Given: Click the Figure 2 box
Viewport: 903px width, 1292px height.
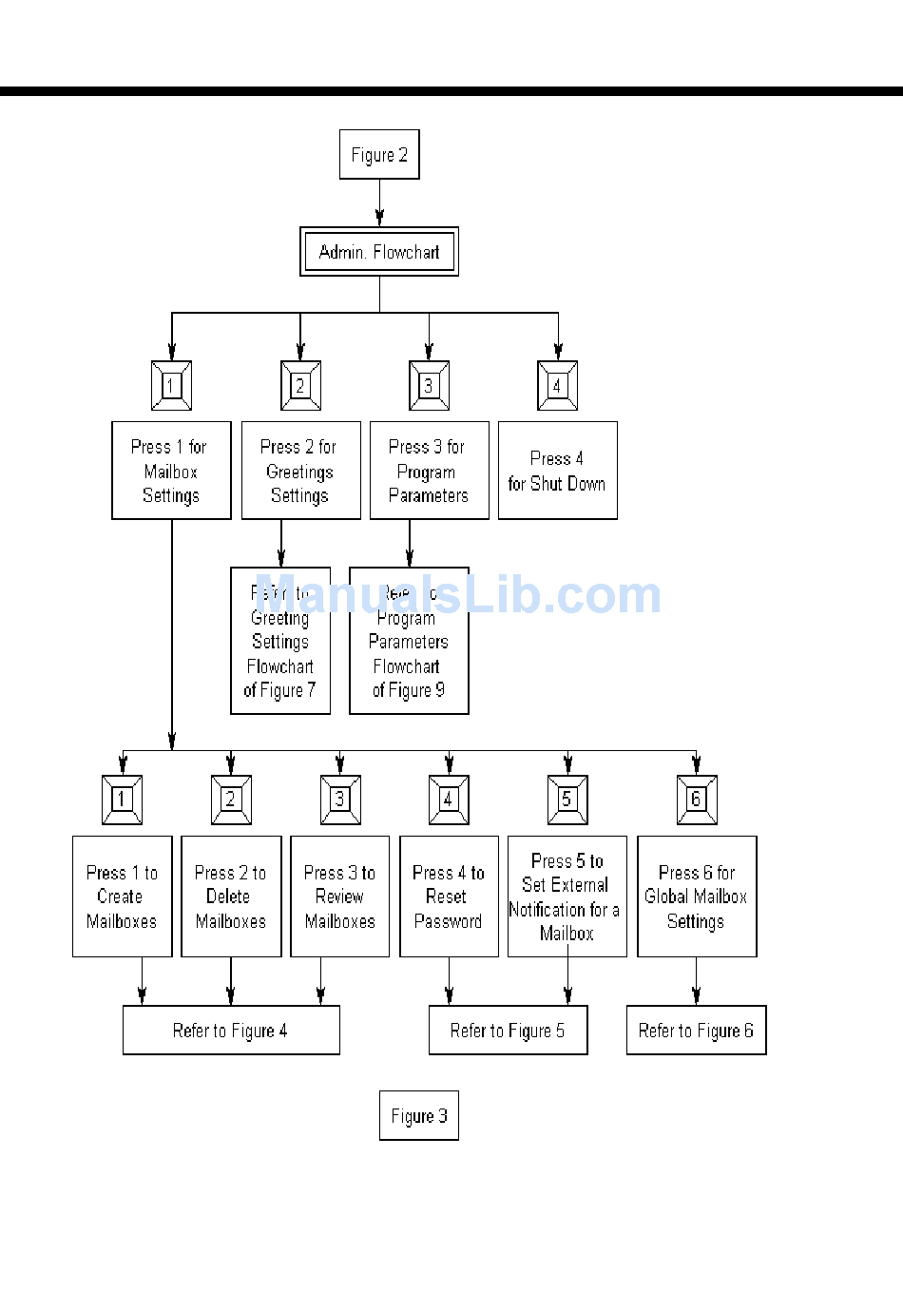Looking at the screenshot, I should click(379, 155).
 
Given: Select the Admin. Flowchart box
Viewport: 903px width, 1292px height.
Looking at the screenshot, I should click(379, 252).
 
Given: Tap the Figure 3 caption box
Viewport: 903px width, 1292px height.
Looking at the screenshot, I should click(418, 1115).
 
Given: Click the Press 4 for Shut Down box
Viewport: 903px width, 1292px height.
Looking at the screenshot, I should click(557, 471).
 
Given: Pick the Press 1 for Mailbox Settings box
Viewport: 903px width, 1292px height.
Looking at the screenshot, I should click(171, 471).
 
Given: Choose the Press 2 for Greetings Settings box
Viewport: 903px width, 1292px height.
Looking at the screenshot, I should click(300, 471).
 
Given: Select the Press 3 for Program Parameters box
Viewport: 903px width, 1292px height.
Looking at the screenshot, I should click(429, 471).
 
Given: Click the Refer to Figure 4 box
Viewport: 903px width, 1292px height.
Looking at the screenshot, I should click(231, 1031).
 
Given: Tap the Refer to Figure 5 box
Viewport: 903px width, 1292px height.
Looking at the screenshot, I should click(508, 1031).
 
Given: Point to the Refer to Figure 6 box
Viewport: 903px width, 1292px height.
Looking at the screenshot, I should click(696, 1031).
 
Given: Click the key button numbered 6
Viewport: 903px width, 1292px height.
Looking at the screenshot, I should click(696, 800).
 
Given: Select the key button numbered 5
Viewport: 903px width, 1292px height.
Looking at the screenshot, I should click(567, 800).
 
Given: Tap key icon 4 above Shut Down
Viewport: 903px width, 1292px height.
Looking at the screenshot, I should click(557, 386).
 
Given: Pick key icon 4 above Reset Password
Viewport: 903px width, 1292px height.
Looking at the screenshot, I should click(449, 800).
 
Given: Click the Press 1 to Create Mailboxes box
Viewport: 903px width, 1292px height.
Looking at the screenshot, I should click(122, 897).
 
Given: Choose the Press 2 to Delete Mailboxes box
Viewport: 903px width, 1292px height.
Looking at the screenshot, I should click(231, 897).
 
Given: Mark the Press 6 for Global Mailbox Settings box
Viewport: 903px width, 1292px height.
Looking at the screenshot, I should click(696, 897).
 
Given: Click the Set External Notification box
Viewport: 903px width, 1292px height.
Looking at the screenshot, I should click(567, 897).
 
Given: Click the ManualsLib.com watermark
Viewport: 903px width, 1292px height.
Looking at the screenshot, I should click(456, 595).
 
